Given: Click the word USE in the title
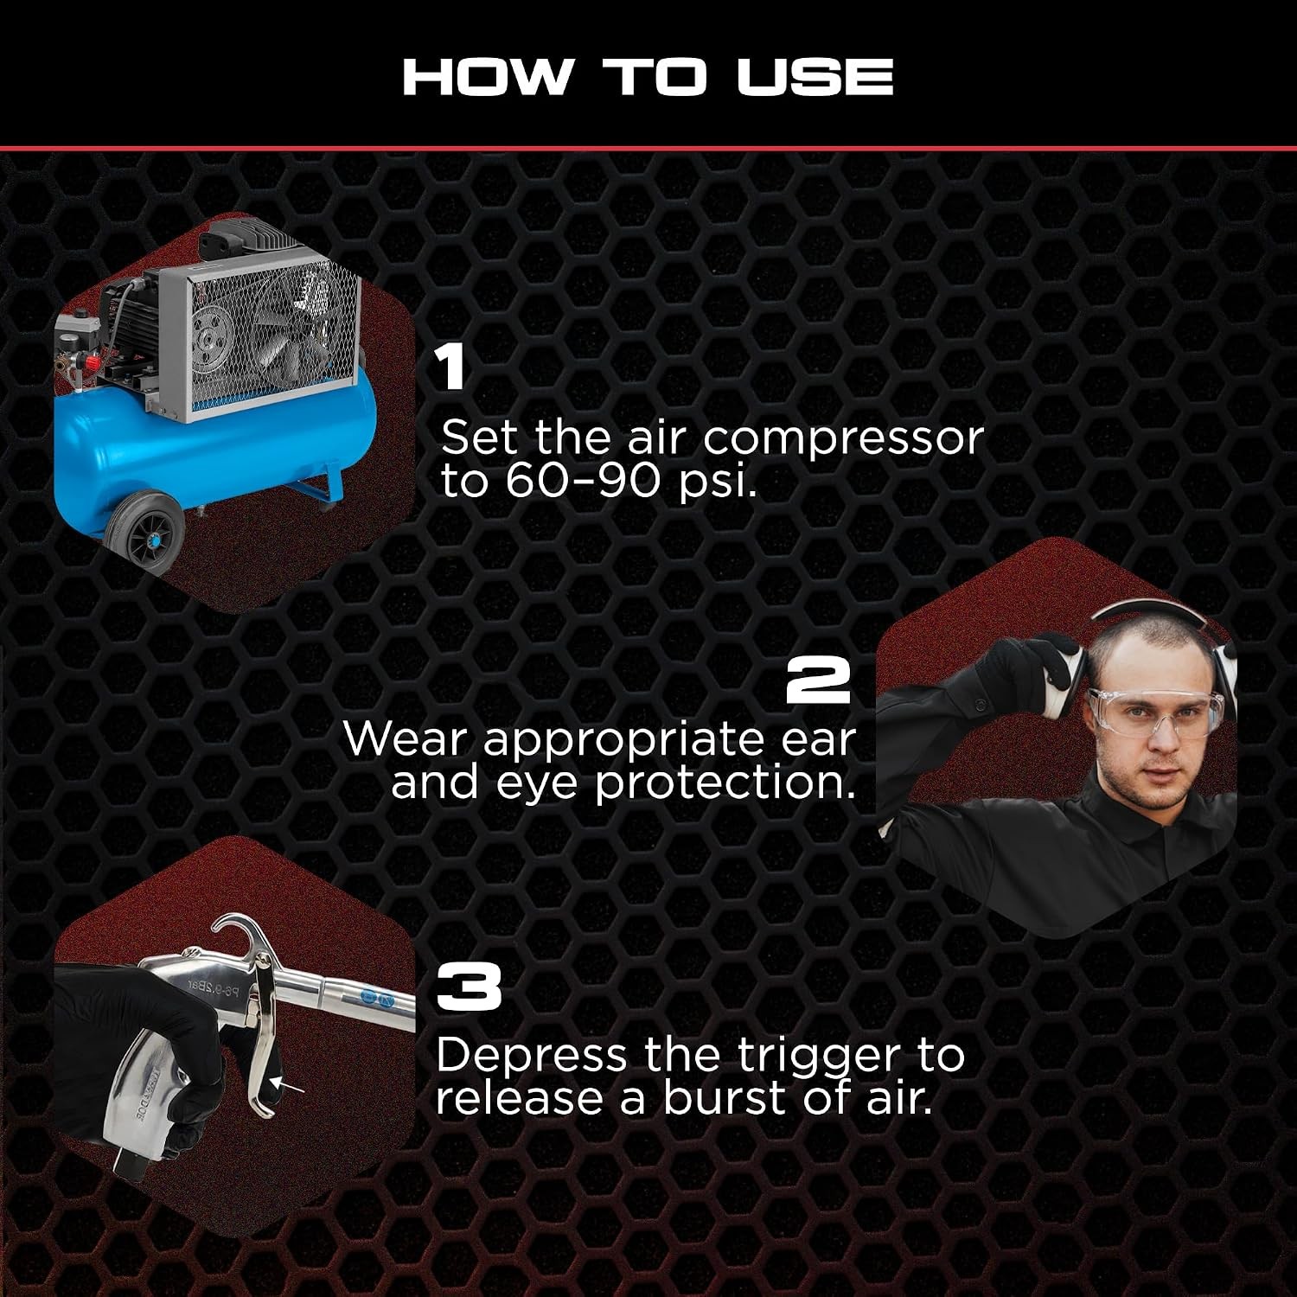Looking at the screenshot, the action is pyautogui.click(x=815, y=77).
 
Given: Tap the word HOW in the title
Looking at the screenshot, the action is pyautogui.click(x=487, y=77).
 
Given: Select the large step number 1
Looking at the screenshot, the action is pyautogui.click(x=450, y=367).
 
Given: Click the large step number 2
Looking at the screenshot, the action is pyautogui.click(x=818, y=680).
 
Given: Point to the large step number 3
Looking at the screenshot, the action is pyautogui.click(x=469, y=987).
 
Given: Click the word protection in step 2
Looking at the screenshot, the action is pyautogui.click(x=725, y=783).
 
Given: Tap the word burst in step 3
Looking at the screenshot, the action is pyautogui.click(x=725, y=1098).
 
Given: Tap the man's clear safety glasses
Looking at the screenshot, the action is pyautogui.click(x=1153, y=712).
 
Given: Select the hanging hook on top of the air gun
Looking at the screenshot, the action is pyautogui.click(x=240, y=937).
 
